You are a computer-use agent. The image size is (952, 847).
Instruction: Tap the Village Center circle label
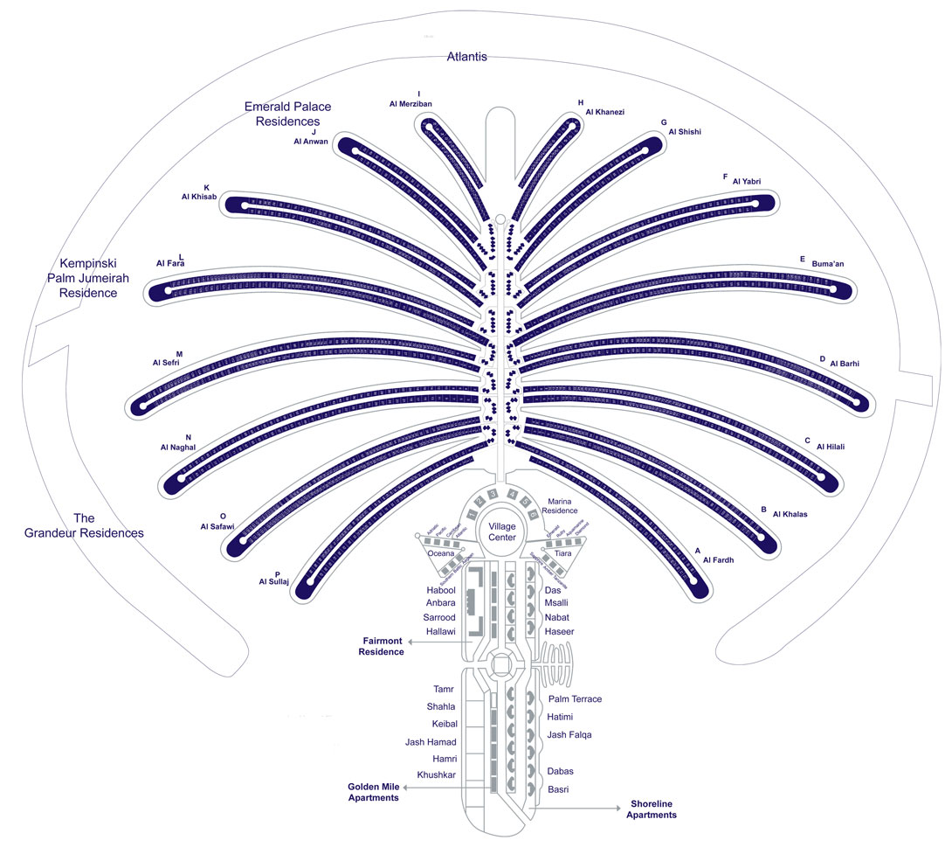(x=502, y=532)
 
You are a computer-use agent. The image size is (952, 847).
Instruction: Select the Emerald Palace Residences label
(x=287, y=114)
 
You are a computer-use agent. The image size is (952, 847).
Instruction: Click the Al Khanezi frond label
(x=605, y=112)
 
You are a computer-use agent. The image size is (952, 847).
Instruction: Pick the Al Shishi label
(x=685, y=132)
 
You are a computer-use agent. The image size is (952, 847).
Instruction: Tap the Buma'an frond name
(x=828, y=263)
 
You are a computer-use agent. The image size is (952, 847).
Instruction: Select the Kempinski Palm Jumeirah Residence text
(x=87, y=277)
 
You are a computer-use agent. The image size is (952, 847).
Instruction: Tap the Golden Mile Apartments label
(x=374, y=792)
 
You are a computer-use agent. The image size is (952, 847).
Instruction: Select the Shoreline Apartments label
(x=651, y=809)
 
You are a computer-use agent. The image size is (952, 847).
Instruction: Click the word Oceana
(x=441, y=553)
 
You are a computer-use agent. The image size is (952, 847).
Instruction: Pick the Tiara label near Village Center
(x=563, y=553)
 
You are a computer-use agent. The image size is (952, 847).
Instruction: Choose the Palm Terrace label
(x=575, y=699)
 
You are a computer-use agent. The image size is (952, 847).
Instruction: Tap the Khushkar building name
(x=437, y=775)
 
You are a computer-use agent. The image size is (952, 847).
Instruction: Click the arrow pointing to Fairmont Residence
(x=441, y=641)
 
